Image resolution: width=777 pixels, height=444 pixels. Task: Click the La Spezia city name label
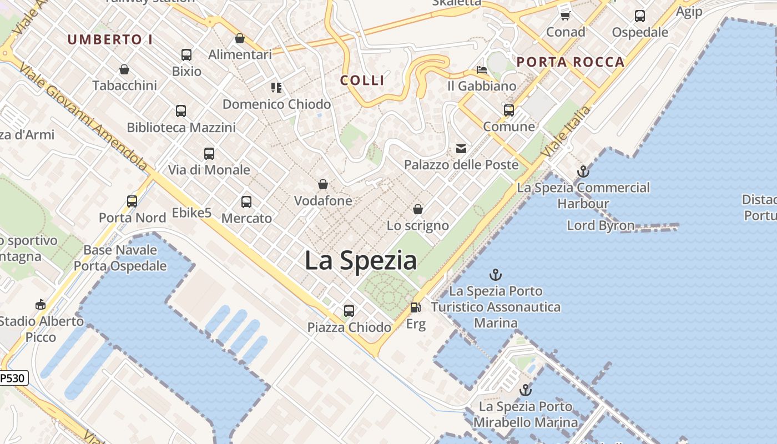point(361,260)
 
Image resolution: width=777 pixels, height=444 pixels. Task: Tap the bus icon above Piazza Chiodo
point(349,311)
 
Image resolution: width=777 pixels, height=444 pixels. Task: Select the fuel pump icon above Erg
point(415,307)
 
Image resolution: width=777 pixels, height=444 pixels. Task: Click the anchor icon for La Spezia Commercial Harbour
point(583,171)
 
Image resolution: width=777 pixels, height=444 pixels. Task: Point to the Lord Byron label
point(601,225)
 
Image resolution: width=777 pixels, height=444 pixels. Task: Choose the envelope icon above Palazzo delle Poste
point(461,148)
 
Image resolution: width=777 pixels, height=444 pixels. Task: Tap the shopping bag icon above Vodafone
point(323,184)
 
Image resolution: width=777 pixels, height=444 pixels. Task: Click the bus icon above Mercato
point(246,202)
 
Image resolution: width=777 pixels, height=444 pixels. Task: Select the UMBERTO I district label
point(110,39)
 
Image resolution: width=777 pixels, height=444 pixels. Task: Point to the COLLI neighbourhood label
point(362,80)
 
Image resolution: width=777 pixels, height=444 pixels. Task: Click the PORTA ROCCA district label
point(571,62)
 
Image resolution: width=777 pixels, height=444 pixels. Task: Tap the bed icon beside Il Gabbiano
point(482,70)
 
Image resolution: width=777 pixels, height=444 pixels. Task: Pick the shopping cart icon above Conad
point(565,16)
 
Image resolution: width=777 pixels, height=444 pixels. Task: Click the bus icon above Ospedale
point(640,16)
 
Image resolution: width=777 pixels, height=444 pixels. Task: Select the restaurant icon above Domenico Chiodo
point(276,88)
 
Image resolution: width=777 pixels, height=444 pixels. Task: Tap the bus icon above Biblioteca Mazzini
point(181,111)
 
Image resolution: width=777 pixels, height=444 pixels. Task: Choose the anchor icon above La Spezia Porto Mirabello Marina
point(525,390)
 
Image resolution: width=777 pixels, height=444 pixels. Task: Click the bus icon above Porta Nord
point(132,201)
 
